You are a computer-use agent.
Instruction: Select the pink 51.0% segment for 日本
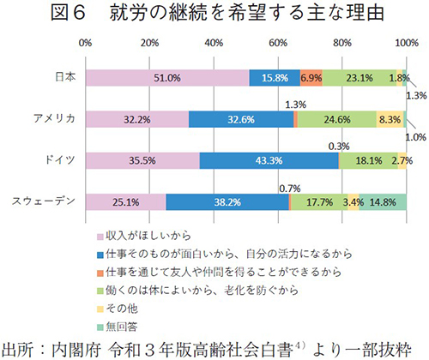tap(167, 77)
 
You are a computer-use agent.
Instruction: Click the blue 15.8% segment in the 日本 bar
tap(275, 77)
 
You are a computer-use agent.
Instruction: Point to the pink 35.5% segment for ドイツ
tap(142, 160)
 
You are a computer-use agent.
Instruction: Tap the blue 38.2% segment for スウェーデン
tap(227, 201)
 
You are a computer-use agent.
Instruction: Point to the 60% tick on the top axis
tap(277, 42)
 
